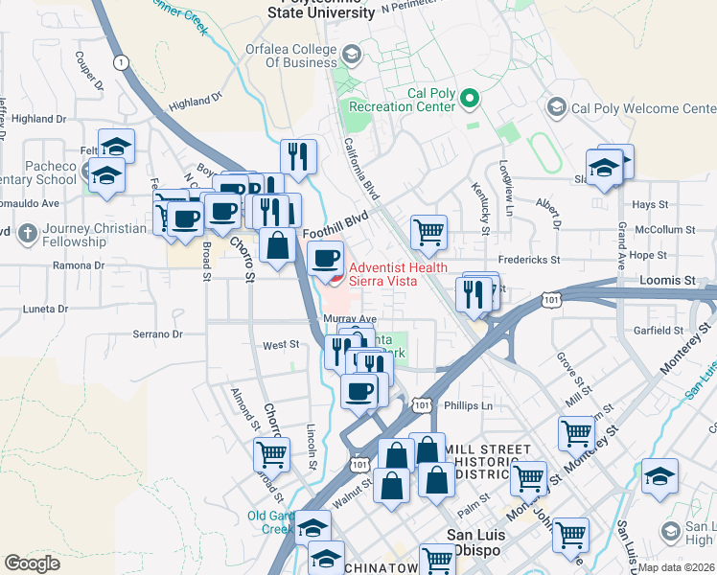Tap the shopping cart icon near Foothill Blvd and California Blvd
coord(428,230)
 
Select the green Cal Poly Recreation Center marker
coord(470,98)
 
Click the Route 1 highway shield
coord(120,62)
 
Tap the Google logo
coord(32,563)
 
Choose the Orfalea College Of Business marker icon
coord(351,54)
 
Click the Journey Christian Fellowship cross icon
coord(28,233)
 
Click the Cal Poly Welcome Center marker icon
coord(556,107)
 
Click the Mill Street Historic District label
coord(489,462)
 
